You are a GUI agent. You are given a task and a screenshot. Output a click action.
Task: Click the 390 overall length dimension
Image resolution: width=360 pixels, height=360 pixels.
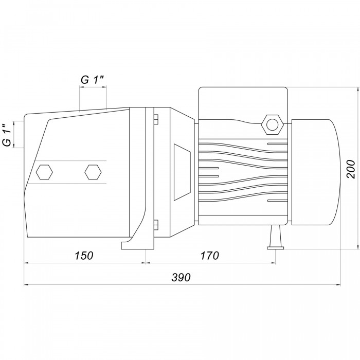tap(181, 277)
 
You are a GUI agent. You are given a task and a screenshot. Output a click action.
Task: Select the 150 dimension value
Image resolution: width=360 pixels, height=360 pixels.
tap(84, 256)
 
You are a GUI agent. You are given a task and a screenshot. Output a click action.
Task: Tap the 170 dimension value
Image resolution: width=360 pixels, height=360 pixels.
tap(210, 256)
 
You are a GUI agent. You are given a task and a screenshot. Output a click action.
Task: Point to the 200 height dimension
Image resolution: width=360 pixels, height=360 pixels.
tap(351, 169)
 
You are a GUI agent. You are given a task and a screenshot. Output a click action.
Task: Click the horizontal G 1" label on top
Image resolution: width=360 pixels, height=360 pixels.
tap(93, 80)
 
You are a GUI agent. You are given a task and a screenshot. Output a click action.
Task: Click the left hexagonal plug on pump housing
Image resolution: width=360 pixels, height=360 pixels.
tap(44, 172)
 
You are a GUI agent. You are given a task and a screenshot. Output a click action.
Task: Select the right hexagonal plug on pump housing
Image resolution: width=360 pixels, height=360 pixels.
tap(93, 172)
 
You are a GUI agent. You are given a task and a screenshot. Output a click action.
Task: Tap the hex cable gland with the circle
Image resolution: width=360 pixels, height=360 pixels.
tap(273, 124)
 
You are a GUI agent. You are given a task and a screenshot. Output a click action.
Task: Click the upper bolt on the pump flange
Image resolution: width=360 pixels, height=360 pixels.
tap(156, 119)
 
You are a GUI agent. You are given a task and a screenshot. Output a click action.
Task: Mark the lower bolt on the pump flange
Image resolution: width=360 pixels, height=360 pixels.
tap(156, 225)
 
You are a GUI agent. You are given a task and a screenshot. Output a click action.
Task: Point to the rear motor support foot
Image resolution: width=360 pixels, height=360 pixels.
tap(275, 237)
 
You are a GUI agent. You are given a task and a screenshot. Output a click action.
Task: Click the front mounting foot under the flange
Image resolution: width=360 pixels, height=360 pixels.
tap(137, 243)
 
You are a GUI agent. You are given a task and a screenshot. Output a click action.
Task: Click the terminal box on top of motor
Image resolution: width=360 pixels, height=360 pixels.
tap(243, 103)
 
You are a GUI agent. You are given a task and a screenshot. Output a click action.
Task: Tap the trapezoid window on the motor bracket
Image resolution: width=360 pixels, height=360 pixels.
tap(182, 172)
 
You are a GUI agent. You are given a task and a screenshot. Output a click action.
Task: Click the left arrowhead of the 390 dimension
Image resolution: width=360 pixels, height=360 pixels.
tap(26, 285)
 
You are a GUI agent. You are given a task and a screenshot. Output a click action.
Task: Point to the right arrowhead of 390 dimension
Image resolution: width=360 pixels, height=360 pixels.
tap(338, 285)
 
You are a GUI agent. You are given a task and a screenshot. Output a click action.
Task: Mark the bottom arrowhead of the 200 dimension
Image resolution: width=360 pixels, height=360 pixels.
tap(358, 246)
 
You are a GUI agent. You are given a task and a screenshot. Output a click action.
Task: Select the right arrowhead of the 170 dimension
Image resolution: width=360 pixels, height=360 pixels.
tap(273, 263)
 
